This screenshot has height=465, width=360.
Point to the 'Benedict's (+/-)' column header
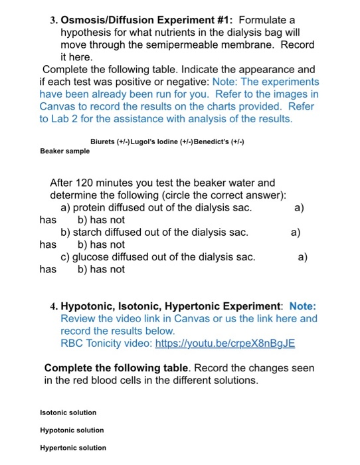219,141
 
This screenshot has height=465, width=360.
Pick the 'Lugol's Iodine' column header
164,141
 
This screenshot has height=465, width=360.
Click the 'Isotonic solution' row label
68,413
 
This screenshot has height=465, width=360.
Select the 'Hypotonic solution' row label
72,430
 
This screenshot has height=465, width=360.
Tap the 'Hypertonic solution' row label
73,448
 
